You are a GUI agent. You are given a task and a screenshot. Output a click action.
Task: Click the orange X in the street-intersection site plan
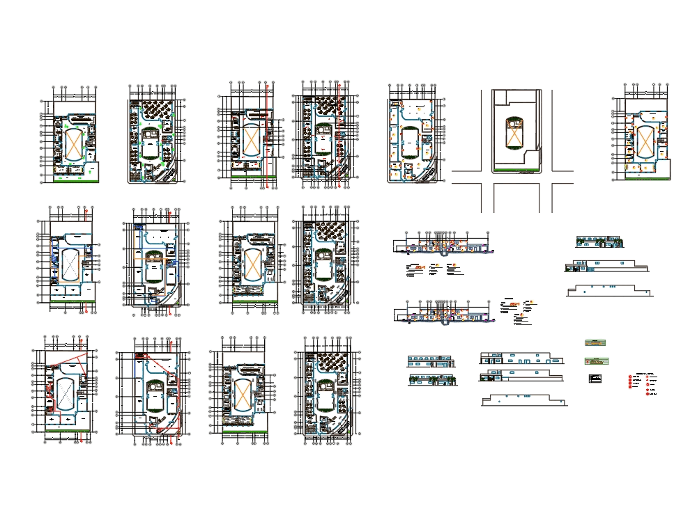[514, 138]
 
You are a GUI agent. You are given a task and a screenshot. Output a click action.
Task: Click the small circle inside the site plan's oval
[514, 123]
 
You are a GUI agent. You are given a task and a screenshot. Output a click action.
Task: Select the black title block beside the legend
[595, 378]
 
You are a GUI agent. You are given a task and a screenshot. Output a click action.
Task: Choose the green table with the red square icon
[596, 361]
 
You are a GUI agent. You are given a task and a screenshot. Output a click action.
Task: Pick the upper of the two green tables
[596, 342]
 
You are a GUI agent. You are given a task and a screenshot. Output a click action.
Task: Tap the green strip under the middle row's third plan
[254, 301]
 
